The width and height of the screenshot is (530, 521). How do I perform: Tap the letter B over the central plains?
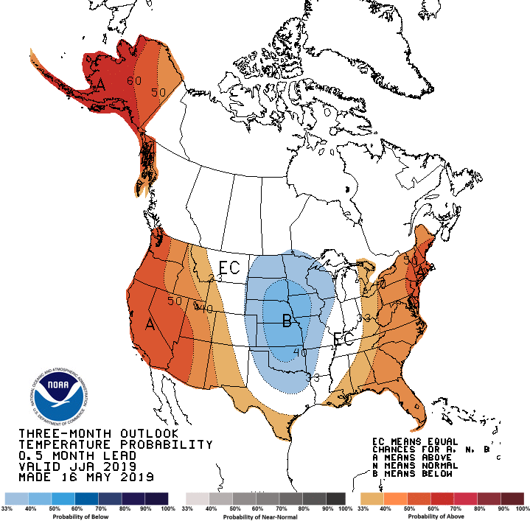[287, 320]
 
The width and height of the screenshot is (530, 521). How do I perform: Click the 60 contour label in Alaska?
[134, 81]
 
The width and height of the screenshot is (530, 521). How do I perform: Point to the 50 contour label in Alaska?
[158, 93]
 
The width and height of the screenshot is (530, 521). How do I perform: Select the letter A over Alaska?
[100, 85]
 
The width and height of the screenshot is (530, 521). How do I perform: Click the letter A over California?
[150, 324]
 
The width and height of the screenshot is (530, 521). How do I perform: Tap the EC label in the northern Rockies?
[229, 268]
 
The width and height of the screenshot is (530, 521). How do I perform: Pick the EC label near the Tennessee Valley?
[344, 339]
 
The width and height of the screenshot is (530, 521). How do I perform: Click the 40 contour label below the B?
[300, 352]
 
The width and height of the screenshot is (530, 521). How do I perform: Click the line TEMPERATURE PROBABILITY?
[115, 444]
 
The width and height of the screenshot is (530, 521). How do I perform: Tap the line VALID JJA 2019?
[77, 466]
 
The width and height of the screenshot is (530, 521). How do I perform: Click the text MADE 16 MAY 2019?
[86, 478]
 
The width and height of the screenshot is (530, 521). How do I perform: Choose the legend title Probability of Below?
[87, 516]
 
